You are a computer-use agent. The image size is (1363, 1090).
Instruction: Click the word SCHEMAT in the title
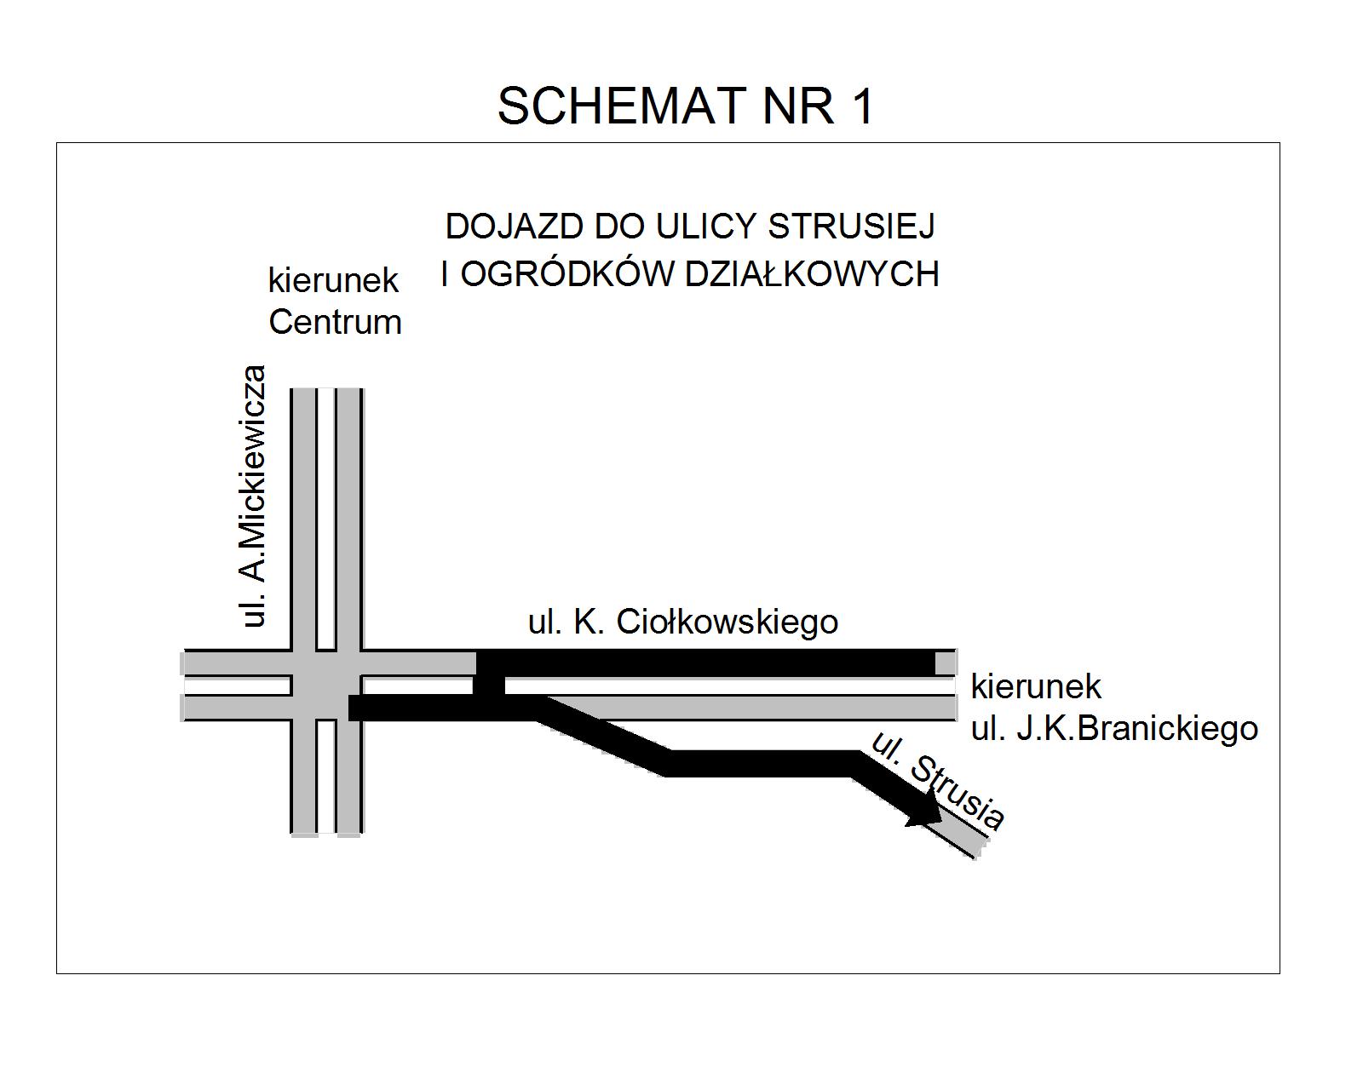(621, 106)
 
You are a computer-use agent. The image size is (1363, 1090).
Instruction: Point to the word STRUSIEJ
(851, 227)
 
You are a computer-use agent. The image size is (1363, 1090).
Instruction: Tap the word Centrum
(335, 322)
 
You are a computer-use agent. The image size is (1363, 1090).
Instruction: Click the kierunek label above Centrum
(333, 280)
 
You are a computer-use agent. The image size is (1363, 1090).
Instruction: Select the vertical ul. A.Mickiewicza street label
(253, 496)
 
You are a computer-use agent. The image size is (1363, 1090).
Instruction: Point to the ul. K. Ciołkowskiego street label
(682, 622)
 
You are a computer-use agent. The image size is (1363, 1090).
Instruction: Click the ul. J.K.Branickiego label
(1114, 729)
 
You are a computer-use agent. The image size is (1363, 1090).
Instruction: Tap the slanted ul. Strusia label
(938, 780)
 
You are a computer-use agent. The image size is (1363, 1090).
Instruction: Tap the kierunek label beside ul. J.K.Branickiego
(1036, 686)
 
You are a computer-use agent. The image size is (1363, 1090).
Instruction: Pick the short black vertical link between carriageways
(489, 686)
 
